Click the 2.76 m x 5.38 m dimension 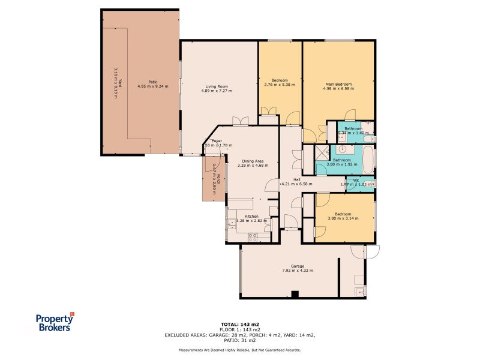pos(280,85)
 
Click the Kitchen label pos(251,216)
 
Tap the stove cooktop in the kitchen pos(253,237)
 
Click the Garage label pos(298,266)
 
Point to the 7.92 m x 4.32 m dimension pos(298,271)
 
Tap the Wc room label pos(356,180)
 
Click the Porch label pos(220,178)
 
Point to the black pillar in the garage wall pos(294,294)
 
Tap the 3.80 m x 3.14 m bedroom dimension pos(343,218)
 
